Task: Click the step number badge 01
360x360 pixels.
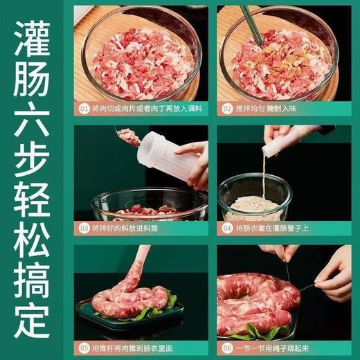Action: pyautogui.click(x=84, y=109)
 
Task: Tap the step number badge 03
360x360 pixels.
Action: pyautogui.click(x=84, y=228)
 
